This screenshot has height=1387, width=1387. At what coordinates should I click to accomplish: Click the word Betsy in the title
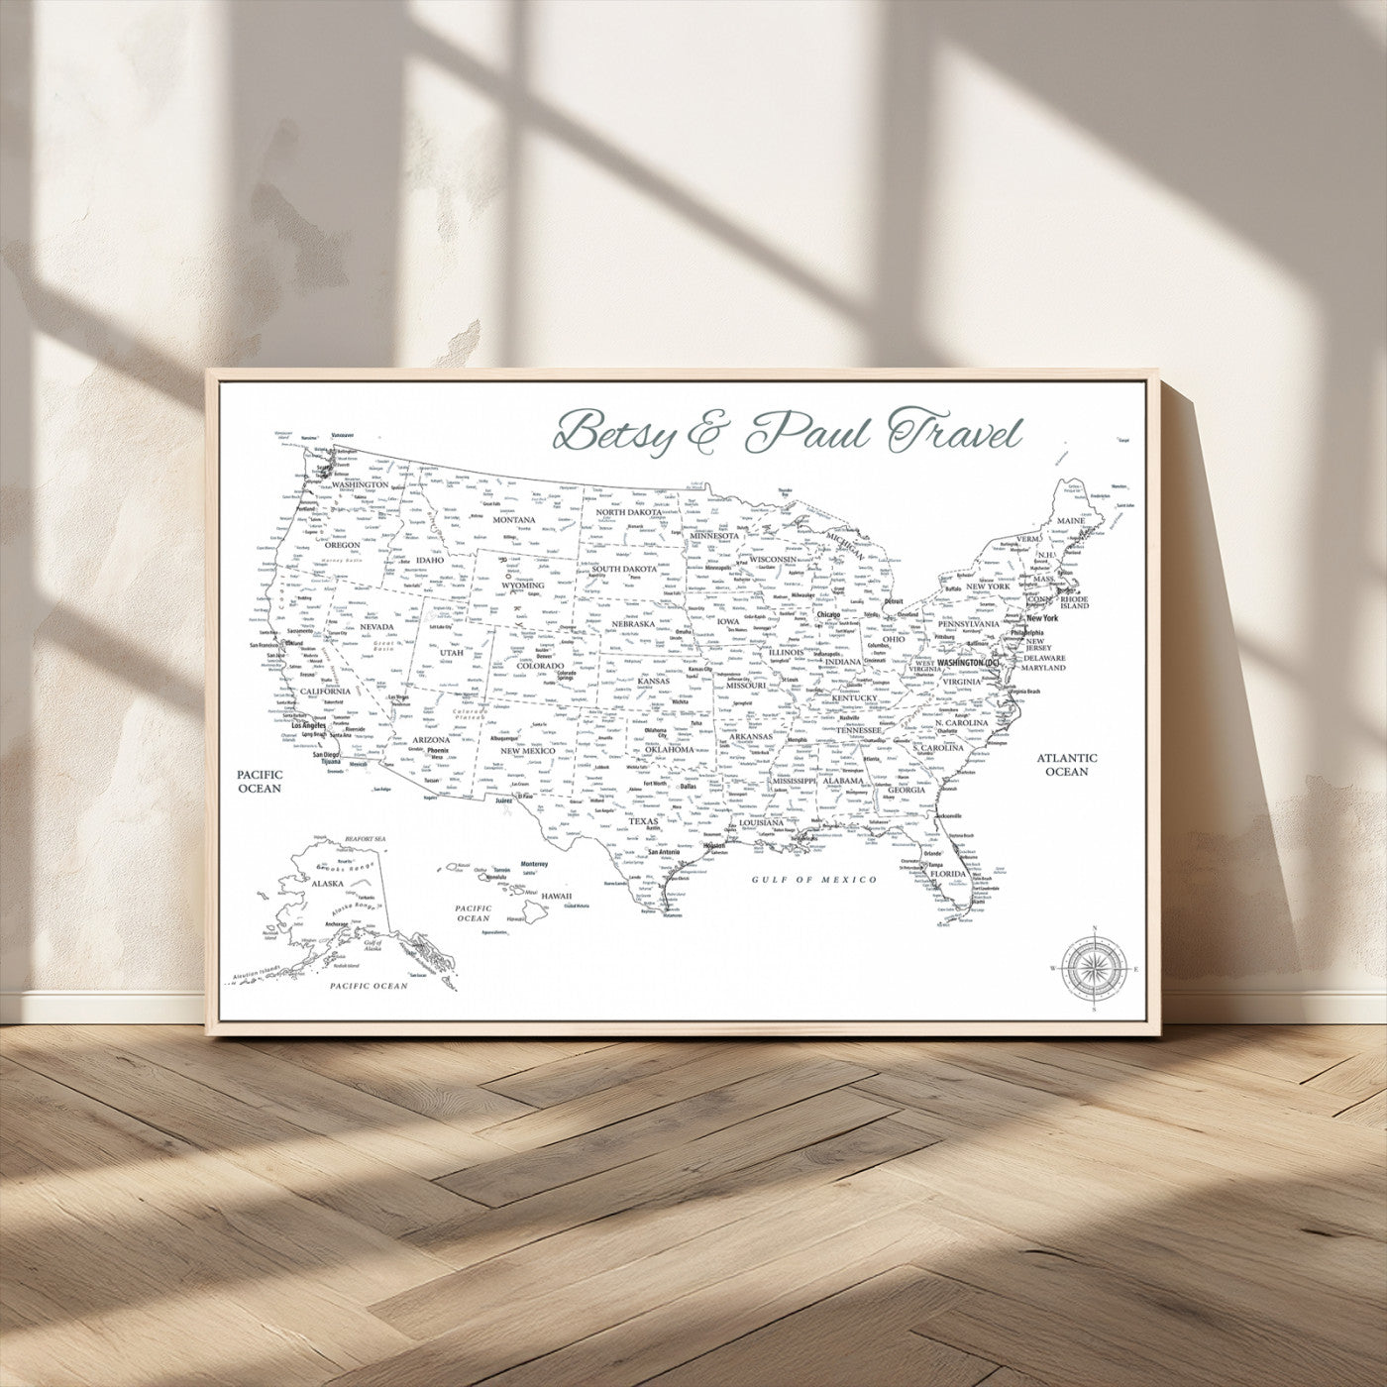611,432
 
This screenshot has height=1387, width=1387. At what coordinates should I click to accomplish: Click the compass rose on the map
1094,968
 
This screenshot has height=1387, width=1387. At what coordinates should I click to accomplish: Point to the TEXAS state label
644,821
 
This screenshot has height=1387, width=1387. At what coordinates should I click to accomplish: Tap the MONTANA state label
514,519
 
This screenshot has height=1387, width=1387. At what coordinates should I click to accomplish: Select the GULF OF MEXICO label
814,880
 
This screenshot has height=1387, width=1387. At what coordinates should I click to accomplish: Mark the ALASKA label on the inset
328,883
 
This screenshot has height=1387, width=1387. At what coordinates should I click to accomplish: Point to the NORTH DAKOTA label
628,513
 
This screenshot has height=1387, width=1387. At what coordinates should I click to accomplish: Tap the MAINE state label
1070,519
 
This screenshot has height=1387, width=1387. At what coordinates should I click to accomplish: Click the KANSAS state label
653,681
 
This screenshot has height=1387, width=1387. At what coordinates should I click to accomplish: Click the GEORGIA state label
906,790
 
